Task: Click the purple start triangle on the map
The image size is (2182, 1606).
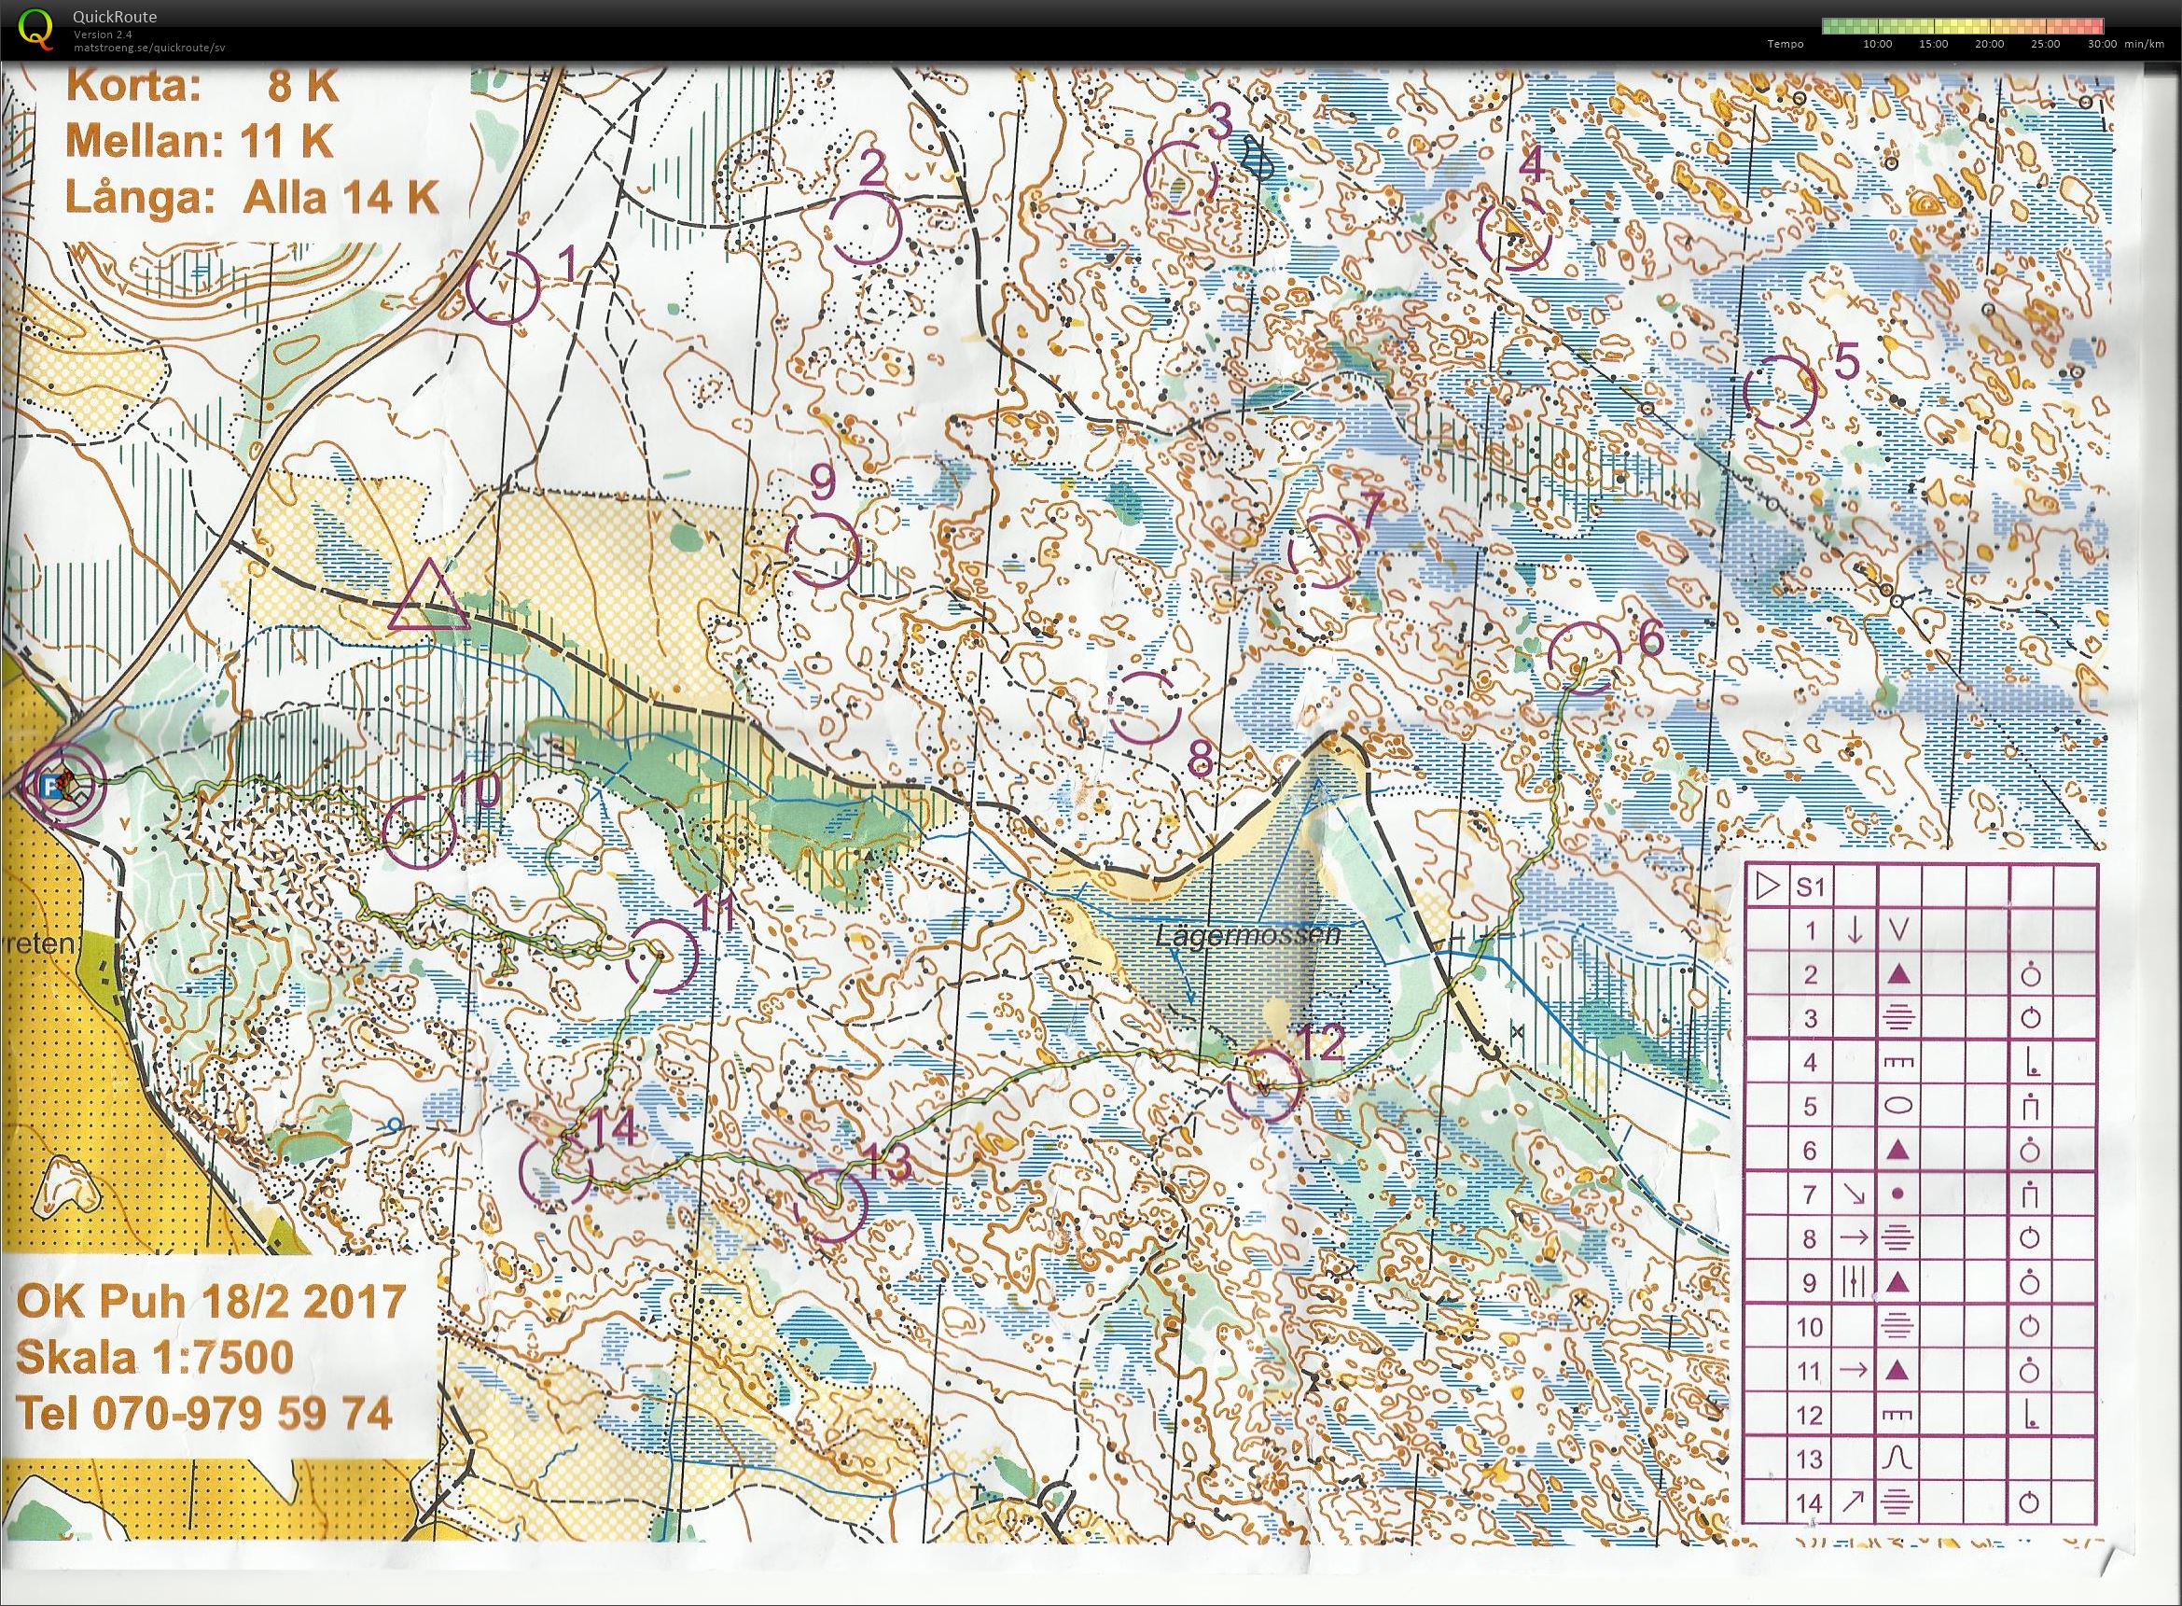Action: (428, 599)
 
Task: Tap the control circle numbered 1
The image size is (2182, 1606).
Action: (502, 287)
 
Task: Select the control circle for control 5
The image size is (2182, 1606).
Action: (1780, 392)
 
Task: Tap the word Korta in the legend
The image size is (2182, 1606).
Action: (132, 88)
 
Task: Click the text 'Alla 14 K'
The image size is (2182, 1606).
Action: (341, 199)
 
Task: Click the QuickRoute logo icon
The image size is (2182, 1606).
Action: (36, 28)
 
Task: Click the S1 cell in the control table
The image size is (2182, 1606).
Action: (1810, 887)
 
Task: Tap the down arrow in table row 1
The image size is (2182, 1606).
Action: (1854, 931)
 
